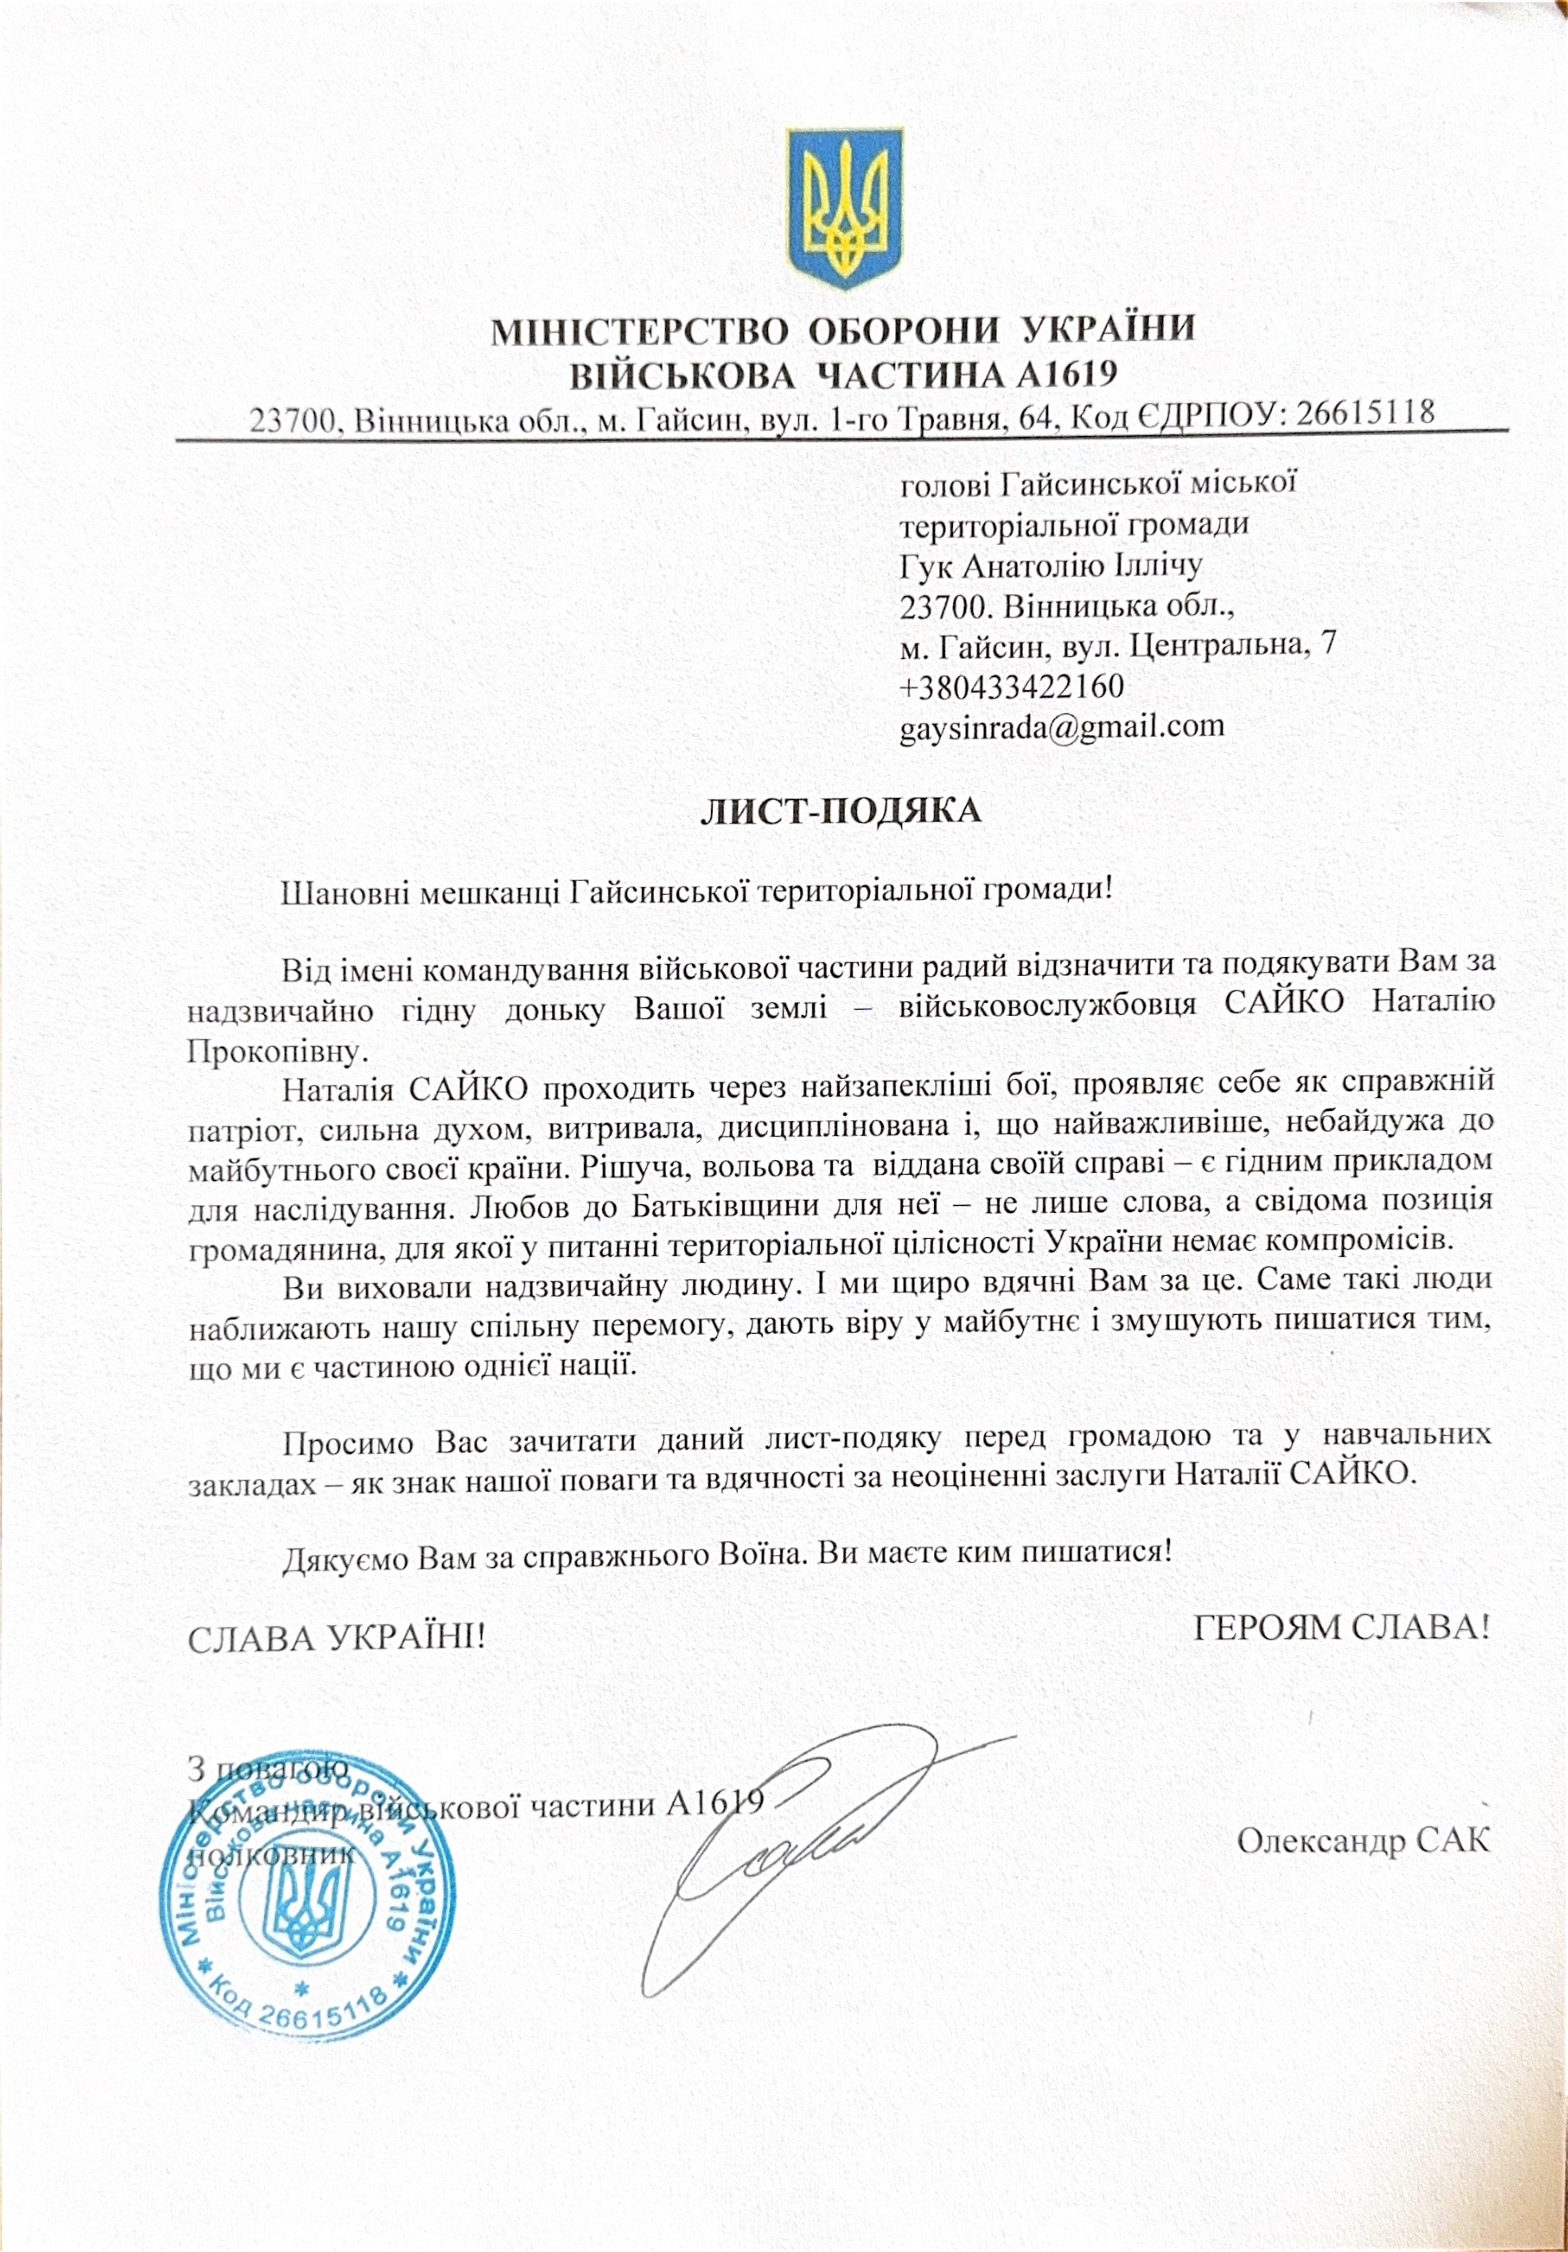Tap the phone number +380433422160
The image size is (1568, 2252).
[x=1012, y=686]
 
